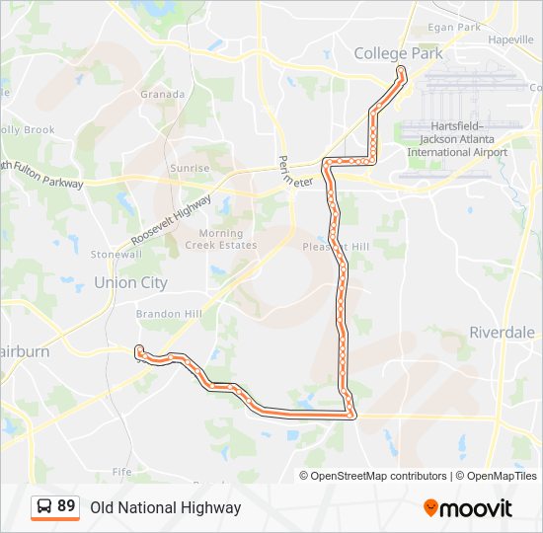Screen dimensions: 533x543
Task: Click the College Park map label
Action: tap(398, 53)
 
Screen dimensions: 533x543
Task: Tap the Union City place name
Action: tap(130, 282)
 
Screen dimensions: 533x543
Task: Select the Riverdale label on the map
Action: tap(502, 332)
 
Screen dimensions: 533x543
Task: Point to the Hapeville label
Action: tap(510, 39)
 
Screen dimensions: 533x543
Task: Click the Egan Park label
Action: tap(454, 28)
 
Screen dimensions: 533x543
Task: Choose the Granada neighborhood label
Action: tap(163, 95)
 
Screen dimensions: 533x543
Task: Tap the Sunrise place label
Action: tap(190, 169)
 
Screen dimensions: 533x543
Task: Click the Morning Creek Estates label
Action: tap(221, 239)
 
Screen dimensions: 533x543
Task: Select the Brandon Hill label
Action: tap(169, 314)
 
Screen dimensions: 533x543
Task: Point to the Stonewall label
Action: tap(116, 254)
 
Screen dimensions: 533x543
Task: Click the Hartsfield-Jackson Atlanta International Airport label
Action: tap(457, 139)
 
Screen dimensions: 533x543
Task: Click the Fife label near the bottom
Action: tap(121, 472)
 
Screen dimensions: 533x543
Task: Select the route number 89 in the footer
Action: tap(66, 506)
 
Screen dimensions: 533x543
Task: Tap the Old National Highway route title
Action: tap(166, 507)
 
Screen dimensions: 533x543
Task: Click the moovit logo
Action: tap(468, 507)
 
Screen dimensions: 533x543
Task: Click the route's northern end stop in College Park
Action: tap(401, 71)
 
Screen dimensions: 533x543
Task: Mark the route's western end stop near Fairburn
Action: tap(138, 348)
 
